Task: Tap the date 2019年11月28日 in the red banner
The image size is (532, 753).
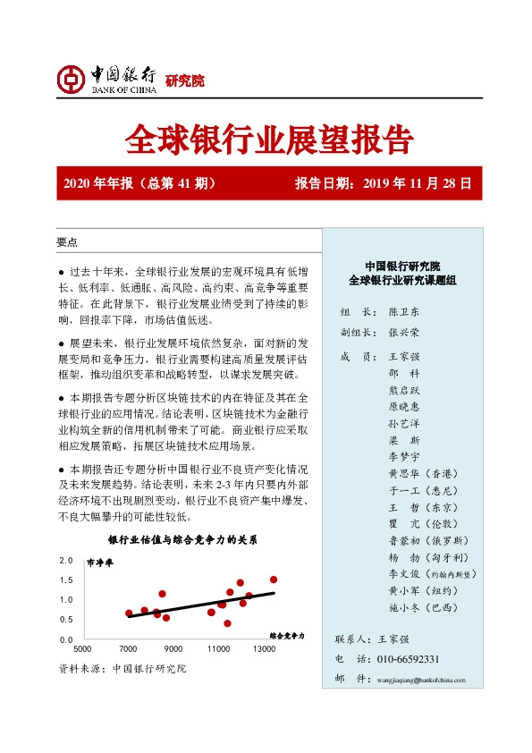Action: click(x=418, y=184)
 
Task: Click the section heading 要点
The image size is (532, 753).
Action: click(x=67, y=242)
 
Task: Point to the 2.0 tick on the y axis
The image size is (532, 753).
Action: click(x=65, y=561)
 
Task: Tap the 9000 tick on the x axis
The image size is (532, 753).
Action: click(x=173, y=648)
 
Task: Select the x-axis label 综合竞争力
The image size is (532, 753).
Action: click(x=287, y=635)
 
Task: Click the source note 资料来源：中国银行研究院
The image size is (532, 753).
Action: click(x=122, y=669)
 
